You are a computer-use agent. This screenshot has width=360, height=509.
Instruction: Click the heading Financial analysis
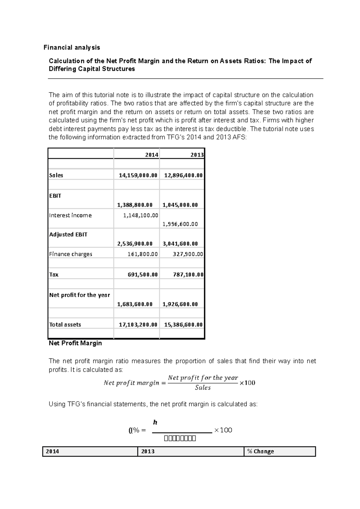(72, 47)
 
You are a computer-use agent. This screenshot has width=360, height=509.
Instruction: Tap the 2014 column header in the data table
(151, 155)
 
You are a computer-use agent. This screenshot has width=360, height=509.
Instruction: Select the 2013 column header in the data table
(197, 155)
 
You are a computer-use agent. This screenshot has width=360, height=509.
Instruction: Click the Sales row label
(56, 175)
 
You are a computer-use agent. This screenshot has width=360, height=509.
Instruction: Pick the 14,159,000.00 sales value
(138, 175)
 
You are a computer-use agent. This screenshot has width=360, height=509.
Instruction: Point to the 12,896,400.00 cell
(183, 175)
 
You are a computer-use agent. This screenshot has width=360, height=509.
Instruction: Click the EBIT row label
(55, 196)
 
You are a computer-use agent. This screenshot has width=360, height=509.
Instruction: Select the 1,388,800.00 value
(135, 205)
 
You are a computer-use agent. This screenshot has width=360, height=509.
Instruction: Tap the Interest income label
(70, 215)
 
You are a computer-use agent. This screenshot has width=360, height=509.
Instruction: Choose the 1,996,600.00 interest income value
(180, 224)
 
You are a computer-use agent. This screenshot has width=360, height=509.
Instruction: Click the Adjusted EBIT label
(68, 234)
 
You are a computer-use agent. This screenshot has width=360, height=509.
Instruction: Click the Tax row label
(54, 275)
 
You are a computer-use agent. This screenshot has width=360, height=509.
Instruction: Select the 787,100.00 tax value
(188, 275)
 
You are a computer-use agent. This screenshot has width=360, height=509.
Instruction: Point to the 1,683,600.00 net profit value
(135, 304)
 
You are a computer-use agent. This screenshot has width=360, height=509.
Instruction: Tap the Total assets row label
(65, 325)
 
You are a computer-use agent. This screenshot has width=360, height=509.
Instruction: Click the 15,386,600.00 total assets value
(183, 325)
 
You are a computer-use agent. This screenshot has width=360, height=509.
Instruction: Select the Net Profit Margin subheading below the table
(75, 343)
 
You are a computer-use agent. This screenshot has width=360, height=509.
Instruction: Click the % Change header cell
(260, 451)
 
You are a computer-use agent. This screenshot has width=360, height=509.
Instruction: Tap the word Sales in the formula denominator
(203, 388)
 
